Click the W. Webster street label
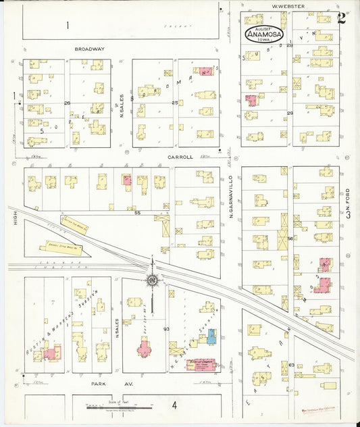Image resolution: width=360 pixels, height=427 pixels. click(x=288, y=6)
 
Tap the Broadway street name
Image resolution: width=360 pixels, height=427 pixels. click(x=90, y=49)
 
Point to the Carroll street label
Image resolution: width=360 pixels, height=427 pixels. click(x=181, y=157)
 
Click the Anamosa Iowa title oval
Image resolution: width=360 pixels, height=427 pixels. click(x=265, y=35)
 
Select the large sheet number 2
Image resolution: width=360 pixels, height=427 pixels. click(x=342, y=18)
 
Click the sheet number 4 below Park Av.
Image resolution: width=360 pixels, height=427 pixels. click(x=174, y=405)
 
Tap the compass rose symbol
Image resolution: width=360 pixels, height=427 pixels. click(x=153, y=280)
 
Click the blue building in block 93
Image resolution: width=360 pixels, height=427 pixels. click(x=212, y=336)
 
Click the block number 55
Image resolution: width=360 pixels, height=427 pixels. click(x=136, y=213)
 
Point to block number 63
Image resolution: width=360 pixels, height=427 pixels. click(x=291, y=364)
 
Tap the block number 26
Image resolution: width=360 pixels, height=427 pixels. click(x=67, y=103)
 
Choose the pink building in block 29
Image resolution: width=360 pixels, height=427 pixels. click(x=252, y=101)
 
